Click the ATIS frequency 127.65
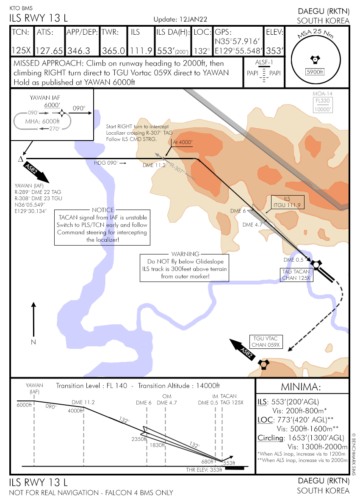pyautogui.click(x=50, y=51)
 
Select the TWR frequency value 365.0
pyautogui.click(x=114, y=51)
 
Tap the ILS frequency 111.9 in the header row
pyautogui.click(x=141, y=51)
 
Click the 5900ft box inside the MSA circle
pyautogui.click(x=314, y=72)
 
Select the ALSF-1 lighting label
pyautogui.click(x=264, y=63)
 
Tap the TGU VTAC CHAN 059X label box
pyautogui.click(x=266, y=342)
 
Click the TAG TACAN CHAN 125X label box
pyautogui.click(x=296, y=275)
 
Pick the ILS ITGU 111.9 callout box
pyautogui.click(x=287, y=202)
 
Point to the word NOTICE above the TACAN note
pyautogui.click(x=102, y=210)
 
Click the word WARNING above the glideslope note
pyautogui.click(x=185, y=254)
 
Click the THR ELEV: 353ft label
pyautogui.click(x=204, y=470)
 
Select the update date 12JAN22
pyautogui.click(x=193, y=20)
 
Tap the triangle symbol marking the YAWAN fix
pyautogui.click(x=20, y=159)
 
